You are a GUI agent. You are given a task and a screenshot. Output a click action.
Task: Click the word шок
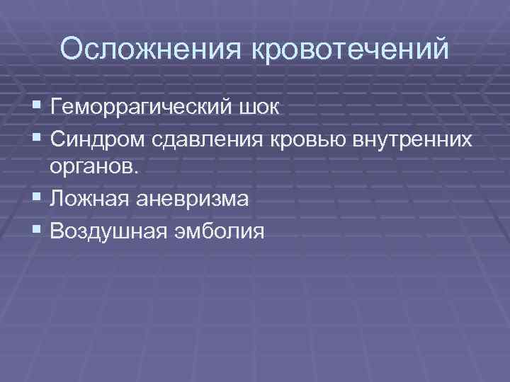(x=261, y=109)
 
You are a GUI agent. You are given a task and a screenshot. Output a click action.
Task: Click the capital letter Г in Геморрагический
(x=56, y=108)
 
